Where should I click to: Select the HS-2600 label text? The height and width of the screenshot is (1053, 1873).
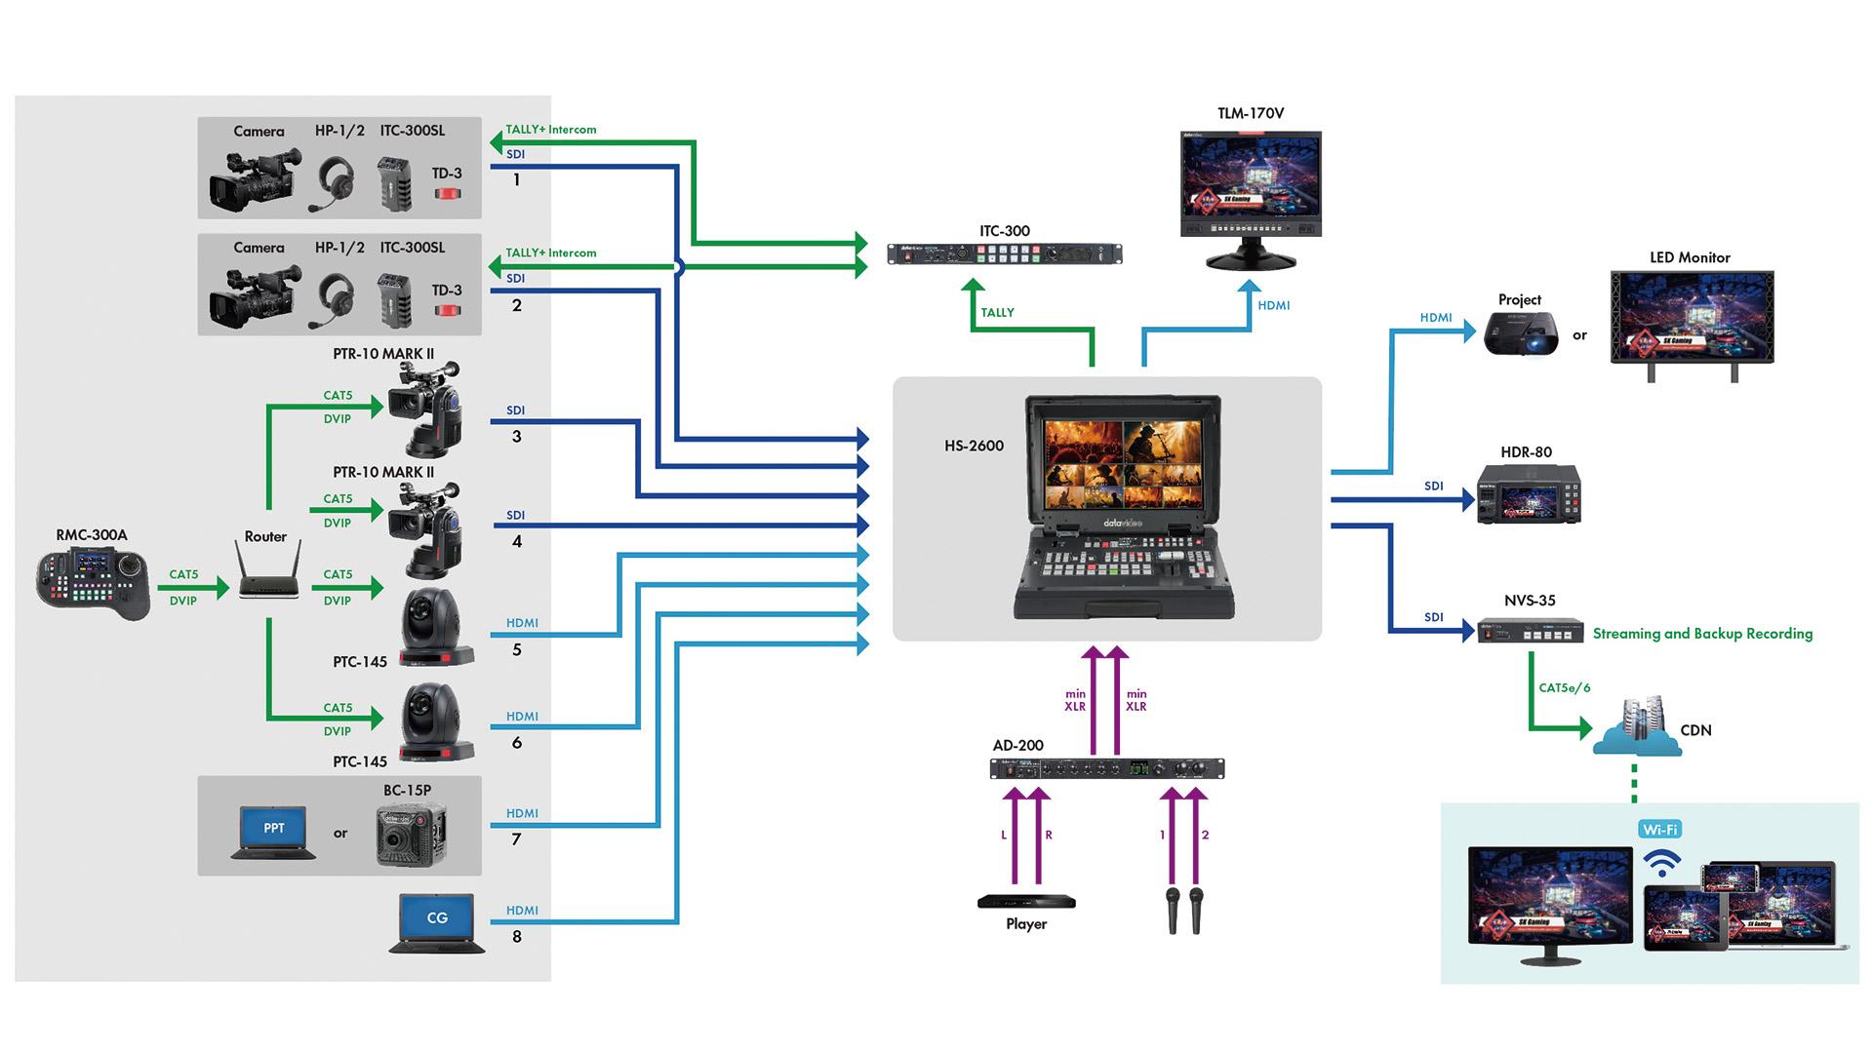point(974,446)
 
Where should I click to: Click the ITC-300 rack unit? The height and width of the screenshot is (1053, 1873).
point(1004,254)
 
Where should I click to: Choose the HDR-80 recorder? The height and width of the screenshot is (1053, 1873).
point(1528,494)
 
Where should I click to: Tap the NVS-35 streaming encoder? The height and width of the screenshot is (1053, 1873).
point(1530,631)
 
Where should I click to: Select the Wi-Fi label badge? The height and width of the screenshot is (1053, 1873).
point(1659,830)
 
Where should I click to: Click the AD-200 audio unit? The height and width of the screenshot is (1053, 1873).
point(1107,769)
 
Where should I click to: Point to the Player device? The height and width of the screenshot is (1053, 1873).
point(1026,902)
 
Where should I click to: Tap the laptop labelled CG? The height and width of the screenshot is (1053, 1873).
point(437,922)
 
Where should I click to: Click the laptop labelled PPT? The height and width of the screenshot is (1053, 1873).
point(274,832)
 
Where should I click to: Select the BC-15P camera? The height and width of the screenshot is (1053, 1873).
point(411,835)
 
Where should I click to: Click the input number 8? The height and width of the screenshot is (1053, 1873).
point(517,937)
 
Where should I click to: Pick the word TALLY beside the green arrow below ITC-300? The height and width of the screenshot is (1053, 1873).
point(997,313)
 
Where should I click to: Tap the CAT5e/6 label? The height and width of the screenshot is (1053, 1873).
point(1564,687)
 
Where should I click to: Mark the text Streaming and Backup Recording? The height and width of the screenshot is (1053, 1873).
point(1702,634)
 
